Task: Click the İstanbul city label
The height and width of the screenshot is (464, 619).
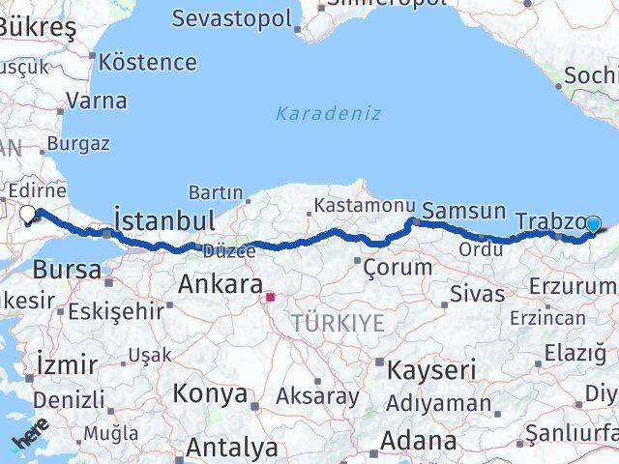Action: point(164,221)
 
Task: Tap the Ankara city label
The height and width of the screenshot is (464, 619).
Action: point(221,285)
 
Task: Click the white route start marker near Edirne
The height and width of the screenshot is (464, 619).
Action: point(27,215)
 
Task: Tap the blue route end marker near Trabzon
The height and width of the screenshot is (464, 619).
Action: point(593,225)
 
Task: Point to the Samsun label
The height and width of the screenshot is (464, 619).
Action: point(464,211)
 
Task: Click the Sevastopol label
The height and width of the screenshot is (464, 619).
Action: point(231,18)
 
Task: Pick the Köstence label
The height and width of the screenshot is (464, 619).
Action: point(148,63)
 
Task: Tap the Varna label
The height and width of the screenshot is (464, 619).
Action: point(97,100)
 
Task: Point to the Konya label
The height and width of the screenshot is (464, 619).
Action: point(210,394)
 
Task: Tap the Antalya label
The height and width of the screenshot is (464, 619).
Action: point(231,448)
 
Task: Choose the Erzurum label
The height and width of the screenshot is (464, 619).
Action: point(573,286)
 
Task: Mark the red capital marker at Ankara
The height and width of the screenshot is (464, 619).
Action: point(271,298)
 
